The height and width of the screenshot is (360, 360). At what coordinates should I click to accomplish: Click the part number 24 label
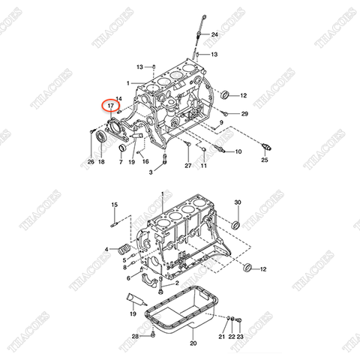coord(214,35)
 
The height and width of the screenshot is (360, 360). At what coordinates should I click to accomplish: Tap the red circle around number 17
coord(111,106)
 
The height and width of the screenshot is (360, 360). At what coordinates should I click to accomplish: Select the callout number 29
coord(244,113)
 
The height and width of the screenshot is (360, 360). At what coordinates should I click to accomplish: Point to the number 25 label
coord(264,160)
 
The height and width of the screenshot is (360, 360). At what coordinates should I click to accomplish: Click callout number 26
coord(91,161)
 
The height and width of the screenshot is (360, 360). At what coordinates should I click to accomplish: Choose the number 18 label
coord(102,161)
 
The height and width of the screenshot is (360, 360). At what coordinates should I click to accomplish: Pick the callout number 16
coord(145,161)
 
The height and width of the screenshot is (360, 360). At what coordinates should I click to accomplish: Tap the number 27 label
coord(189,165)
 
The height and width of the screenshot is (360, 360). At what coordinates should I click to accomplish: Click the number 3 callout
coord(150,172)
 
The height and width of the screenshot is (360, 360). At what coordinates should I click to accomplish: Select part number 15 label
coord(115,204)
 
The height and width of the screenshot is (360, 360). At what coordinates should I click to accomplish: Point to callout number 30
coord(238,203)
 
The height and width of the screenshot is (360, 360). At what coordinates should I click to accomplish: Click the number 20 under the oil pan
coord(193,343)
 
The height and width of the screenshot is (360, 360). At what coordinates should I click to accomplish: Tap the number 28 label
coord(135,337)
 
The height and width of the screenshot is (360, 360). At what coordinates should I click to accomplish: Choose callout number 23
coord(241,338)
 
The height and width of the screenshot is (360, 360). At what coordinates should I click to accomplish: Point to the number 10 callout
coord(238,151)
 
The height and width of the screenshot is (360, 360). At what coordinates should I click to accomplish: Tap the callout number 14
coord(119,98)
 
